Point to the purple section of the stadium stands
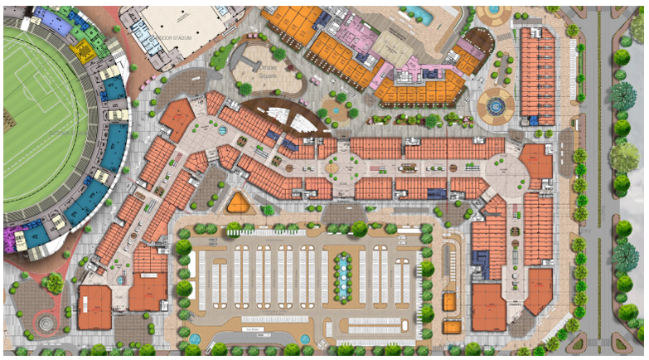(x=14, y=240)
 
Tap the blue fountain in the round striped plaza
(x=496, y=105)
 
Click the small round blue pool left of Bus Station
(x=195, y=338)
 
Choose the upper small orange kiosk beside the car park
(x=449, y=301)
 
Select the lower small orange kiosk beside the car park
(x=453, y=327)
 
